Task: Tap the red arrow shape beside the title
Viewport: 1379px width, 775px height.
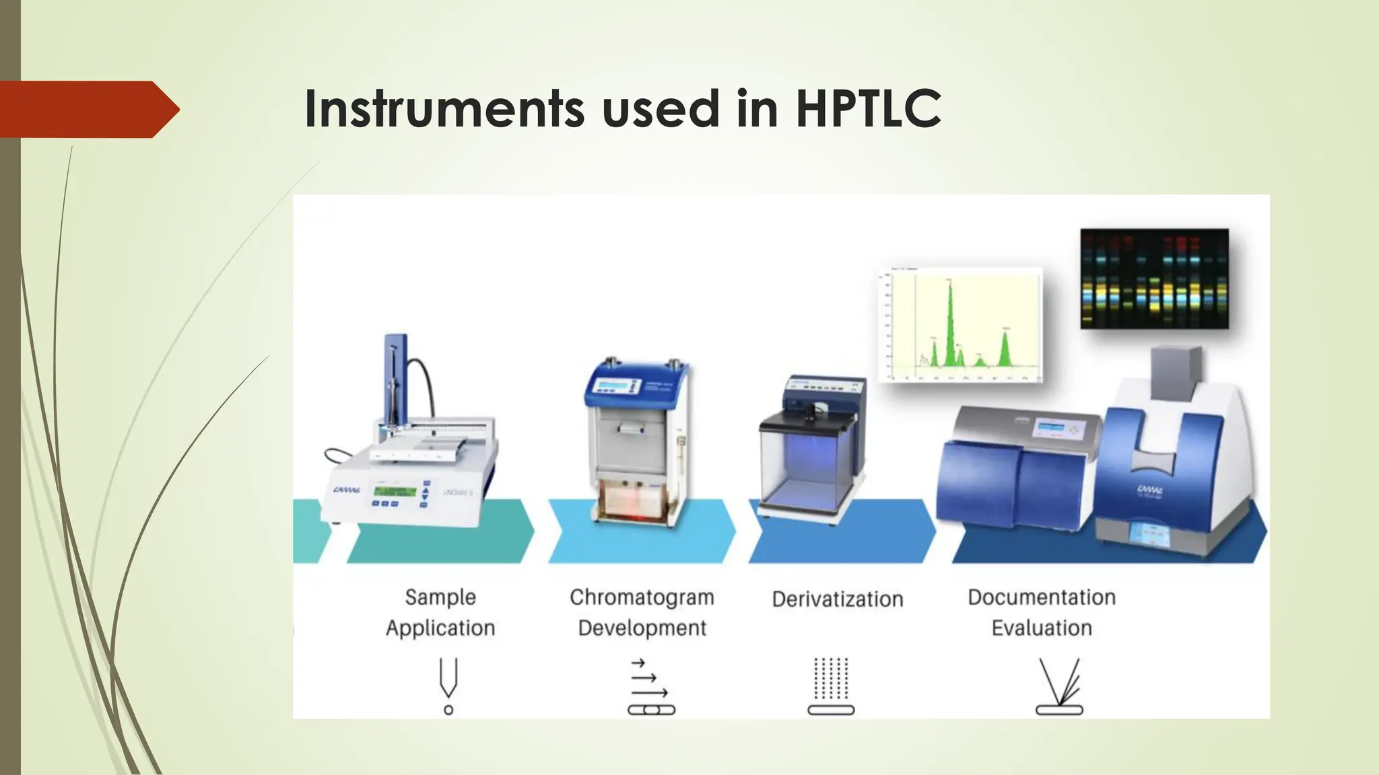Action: pos(88,110)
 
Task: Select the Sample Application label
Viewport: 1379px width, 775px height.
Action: pos(440,612)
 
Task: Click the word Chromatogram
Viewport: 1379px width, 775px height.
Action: pos(642,597)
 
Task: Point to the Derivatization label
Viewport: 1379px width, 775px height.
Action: pos(837,599)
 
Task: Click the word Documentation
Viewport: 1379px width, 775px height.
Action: pos(1041,597)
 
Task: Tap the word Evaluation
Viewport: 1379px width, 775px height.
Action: pos(1041,628)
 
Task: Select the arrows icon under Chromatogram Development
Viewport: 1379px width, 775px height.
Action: pos(650,686)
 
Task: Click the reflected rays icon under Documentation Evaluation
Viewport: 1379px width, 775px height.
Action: pos(1059,686)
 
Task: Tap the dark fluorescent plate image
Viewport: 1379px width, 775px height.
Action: pos(1154,279)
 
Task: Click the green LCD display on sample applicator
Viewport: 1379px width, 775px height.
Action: pos(394,491)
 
